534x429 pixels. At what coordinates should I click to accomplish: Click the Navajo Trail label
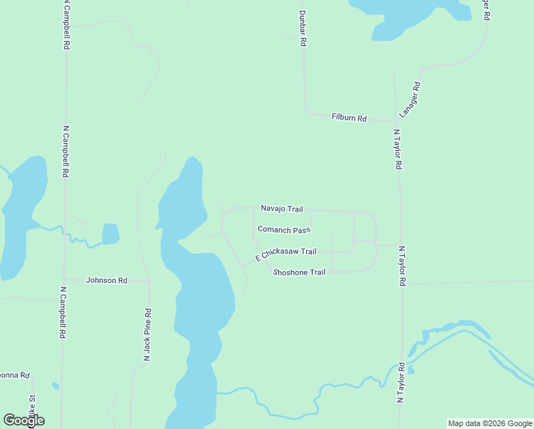[281, 209]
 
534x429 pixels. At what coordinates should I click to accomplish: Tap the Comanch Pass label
[284, 230]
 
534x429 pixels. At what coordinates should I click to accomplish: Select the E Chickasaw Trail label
[286, 253]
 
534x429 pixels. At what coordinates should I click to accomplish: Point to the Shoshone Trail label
[299, 272]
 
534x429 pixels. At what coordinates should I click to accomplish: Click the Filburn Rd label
[349, 117]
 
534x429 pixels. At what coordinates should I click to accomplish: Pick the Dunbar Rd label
[303, 29]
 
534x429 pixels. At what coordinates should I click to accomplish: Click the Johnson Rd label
[106, 280]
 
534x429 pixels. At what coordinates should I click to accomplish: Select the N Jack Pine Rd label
[148, 335]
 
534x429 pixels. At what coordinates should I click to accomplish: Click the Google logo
[24, 420]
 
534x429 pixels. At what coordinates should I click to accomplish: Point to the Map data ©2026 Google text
[490, 423]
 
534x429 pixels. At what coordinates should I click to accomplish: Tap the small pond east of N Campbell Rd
[110, 234]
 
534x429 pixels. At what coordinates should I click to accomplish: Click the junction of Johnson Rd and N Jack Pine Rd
[149, 280]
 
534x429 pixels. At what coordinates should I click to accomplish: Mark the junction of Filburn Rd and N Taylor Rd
[396, 121]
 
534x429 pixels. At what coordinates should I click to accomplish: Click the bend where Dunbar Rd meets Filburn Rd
[308, 111]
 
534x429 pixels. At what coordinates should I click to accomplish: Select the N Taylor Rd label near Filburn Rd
[398, 149]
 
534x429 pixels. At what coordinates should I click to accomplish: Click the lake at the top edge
[407, 14]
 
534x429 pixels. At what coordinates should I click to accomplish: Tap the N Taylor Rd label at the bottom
[401, 383]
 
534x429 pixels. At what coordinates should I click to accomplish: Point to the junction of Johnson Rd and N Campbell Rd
[64, 280]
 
